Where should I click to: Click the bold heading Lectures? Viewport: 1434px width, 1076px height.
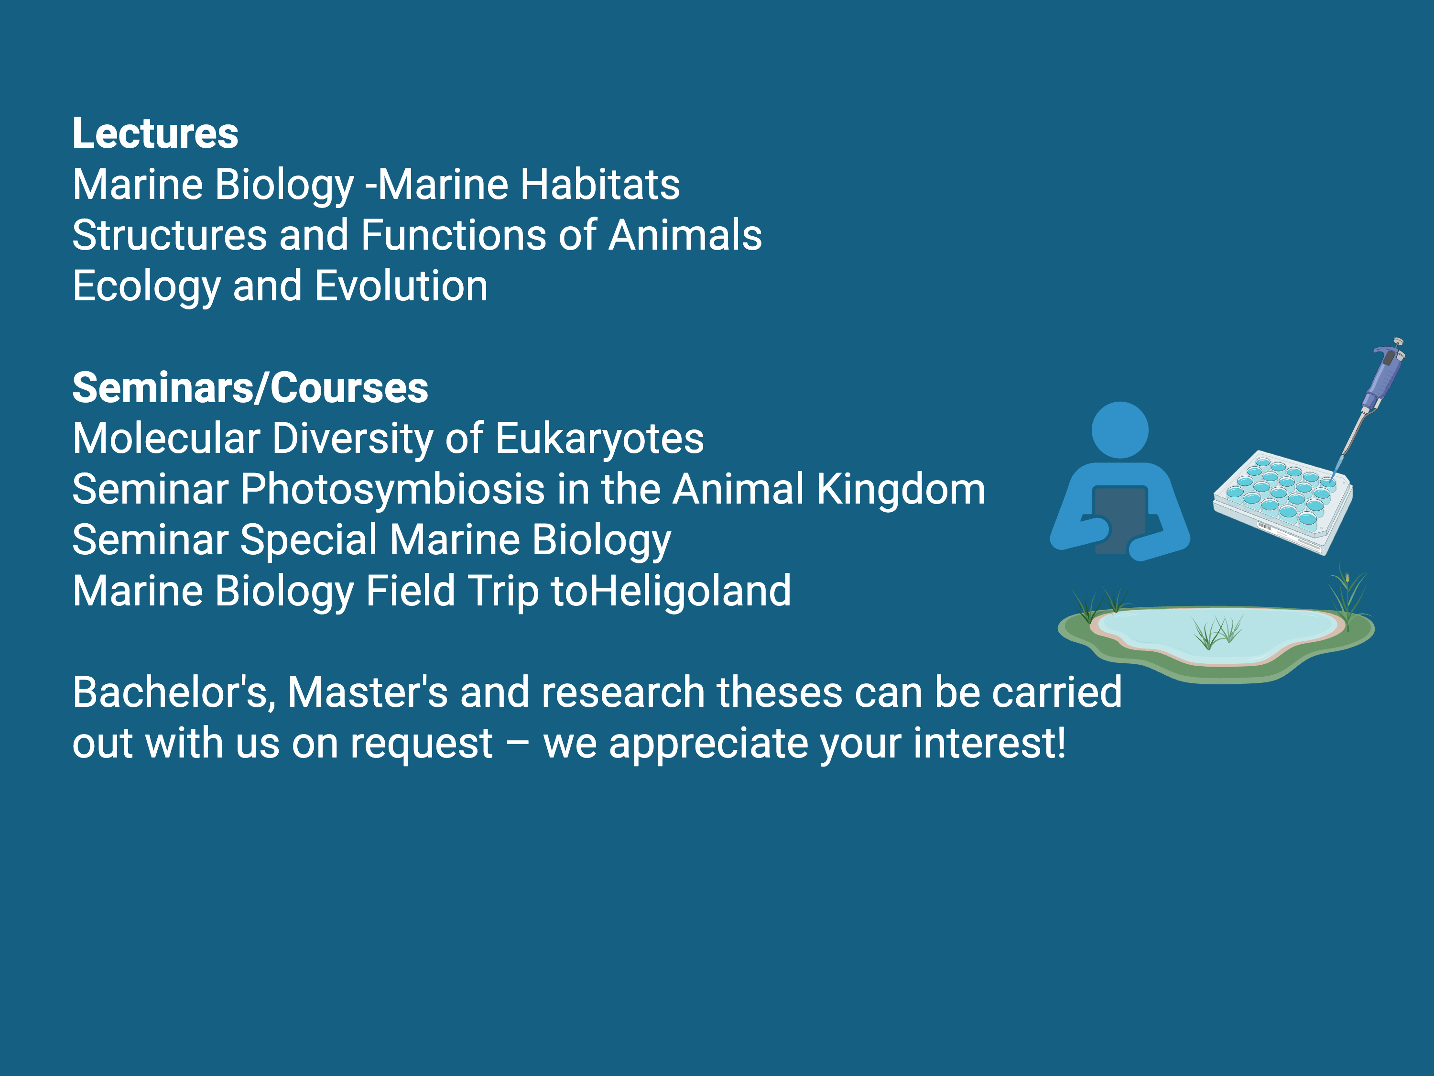point(155,133)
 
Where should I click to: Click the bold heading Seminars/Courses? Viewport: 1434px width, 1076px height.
point(250,388)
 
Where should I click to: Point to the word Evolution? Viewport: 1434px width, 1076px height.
point(402,286)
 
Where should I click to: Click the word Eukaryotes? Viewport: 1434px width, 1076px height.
point(600,439)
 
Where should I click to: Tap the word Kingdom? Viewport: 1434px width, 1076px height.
point(901,489)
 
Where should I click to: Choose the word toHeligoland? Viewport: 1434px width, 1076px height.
point(671,592)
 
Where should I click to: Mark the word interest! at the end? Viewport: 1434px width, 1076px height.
point(989,743)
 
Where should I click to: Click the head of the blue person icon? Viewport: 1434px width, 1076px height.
point(1119,430)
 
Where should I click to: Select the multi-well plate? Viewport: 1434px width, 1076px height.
point(1282,502)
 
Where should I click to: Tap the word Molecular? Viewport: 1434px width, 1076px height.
point(166,439)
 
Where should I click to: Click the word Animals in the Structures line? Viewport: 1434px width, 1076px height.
point(685,235)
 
